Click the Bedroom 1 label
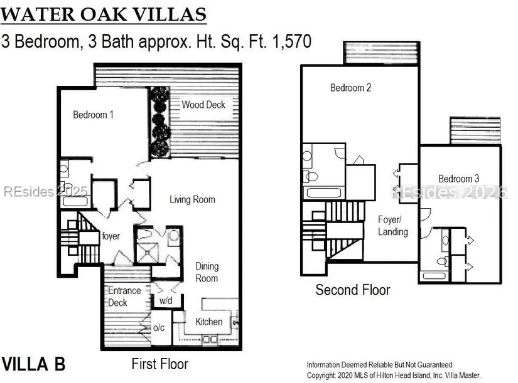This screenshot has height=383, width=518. click(x=93, y=115)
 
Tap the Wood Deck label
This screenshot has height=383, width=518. click(x=203, y=105)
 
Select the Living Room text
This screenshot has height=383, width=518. click(x=192, y=199)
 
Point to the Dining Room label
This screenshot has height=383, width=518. click(x=207, y=272)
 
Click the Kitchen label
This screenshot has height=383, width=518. click(x=209, y=322)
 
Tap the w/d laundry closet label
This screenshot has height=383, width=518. click(x=166, y=300)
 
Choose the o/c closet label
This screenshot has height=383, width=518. click(x=159, y=328)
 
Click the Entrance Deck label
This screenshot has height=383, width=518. click(x=124, y=296)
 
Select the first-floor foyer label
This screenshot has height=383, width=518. click(x=111, y=236)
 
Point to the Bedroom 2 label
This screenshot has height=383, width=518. click(x=350, y=88)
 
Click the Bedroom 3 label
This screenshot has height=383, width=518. click(x=458, y=179)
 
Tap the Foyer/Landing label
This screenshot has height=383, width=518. click(x=393, y=226)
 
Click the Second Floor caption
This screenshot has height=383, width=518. click(x=352, y=290)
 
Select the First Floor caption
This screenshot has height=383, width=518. click(x=160, y=364)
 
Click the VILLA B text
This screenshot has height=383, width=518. click(x=33, y=364)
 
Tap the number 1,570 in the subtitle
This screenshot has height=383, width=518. click(x=292, y=41)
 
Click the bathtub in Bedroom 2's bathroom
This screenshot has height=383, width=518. click(x=324, y=192)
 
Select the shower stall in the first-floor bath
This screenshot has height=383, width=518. click(x=148, y=253)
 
